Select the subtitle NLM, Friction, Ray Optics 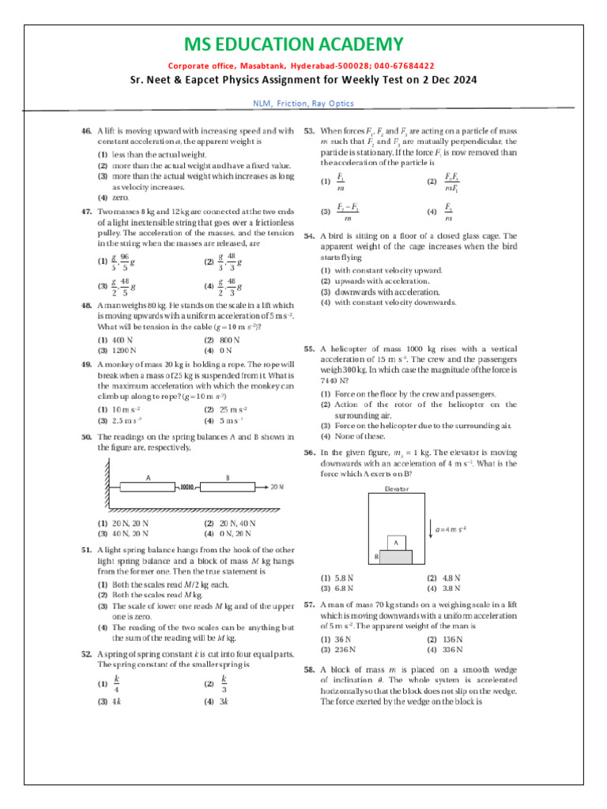303,103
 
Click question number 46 87,130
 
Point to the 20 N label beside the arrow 277,487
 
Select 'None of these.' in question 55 355,436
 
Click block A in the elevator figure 396,543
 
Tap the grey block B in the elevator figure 396,557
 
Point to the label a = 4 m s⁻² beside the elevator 447,528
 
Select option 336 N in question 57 446,649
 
